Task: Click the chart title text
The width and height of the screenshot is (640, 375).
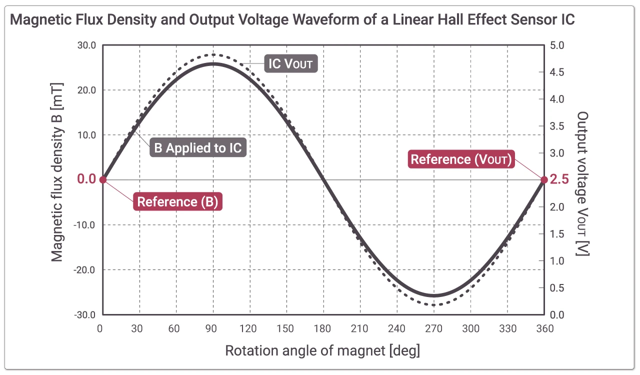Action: click(292, 20)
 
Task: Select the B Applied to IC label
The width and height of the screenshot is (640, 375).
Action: click(198, 148)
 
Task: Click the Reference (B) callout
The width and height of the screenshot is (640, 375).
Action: click(178, 202)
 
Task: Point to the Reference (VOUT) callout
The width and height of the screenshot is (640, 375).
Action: click(461, 159)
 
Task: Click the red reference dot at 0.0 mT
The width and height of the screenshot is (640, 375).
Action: click(102, 180)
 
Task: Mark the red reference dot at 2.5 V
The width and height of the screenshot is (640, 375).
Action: click(544, 180)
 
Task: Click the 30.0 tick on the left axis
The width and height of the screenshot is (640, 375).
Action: click(86, 45)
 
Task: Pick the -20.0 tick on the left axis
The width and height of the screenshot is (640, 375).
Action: click(85, 270)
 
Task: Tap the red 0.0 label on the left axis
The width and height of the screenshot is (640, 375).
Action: click(86, 179)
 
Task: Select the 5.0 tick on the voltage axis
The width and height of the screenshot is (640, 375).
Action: click(557, 45)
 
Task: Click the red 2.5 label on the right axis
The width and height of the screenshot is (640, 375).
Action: click(559, 180)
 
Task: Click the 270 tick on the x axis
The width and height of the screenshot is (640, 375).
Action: click(434, 328)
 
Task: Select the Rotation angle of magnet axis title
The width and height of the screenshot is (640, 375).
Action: click(322, 350)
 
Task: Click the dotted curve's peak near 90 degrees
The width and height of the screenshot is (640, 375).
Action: click(213, 54)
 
